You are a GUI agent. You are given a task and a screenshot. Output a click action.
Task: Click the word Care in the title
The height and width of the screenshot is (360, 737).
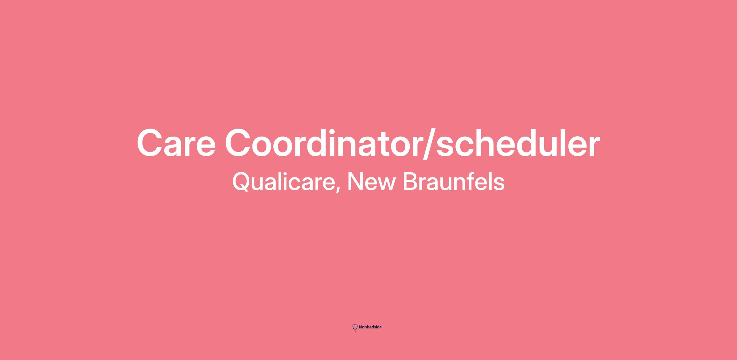coord(176,143)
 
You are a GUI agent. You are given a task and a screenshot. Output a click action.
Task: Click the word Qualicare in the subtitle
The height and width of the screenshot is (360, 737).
coord(283,182)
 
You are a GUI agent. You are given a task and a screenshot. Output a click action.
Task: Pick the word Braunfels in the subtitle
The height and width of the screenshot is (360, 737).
coord(453,181)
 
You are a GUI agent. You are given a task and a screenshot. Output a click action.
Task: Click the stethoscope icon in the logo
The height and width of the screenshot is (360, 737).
coord(355,328)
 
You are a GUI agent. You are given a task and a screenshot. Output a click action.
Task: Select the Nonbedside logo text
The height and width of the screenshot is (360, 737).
coord(370,327)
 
